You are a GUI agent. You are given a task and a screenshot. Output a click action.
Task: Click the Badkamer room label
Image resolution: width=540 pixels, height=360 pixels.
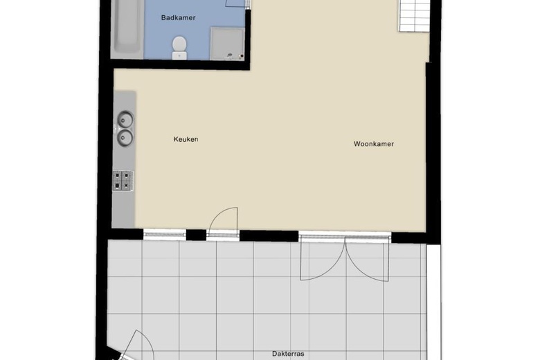(178, 17)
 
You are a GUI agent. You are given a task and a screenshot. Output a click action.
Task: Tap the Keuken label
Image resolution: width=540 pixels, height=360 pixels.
(186, 139)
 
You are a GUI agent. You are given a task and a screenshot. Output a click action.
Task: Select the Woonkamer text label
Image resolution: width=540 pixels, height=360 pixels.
(374, 144)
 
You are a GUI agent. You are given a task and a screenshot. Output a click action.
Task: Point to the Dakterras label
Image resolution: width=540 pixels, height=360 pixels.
(288, 354)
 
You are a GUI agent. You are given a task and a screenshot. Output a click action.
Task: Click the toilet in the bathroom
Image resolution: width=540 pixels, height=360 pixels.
(179, 48)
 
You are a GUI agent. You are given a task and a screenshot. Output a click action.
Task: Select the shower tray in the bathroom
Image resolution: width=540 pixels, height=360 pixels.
(227, 44)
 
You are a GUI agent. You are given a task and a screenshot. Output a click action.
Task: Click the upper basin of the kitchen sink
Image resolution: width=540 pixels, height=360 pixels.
(125, 120)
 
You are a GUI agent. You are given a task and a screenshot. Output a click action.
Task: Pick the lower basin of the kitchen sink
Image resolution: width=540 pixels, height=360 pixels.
(125, 138)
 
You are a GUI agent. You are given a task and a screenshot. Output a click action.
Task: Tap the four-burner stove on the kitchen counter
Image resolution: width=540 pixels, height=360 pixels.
(123, 181)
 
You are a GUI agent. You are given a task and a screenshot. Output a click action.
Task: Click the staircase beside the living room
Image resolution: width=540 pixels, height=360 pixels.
(414, 16)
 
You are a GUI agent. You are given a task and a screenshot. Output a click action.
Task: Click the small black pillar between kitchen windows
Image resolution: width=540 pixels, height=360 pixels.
(196, 235)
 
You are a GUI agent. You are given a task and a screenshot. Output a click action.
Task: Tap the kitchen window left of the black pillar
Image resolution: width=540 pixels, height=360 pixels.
(165, 234)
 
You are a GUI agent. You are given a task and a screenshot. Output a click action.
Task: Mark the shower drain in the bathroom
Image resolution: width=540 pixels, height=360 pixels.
(242, 56)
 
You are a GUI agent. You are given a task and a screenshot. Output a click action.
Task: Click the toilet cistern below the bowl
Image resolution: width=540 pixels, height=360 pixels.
(179, 55)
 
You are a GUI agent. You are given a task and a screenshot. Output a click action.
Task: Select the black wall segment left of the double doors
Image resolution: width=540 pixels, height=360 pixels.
(269, 236)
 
